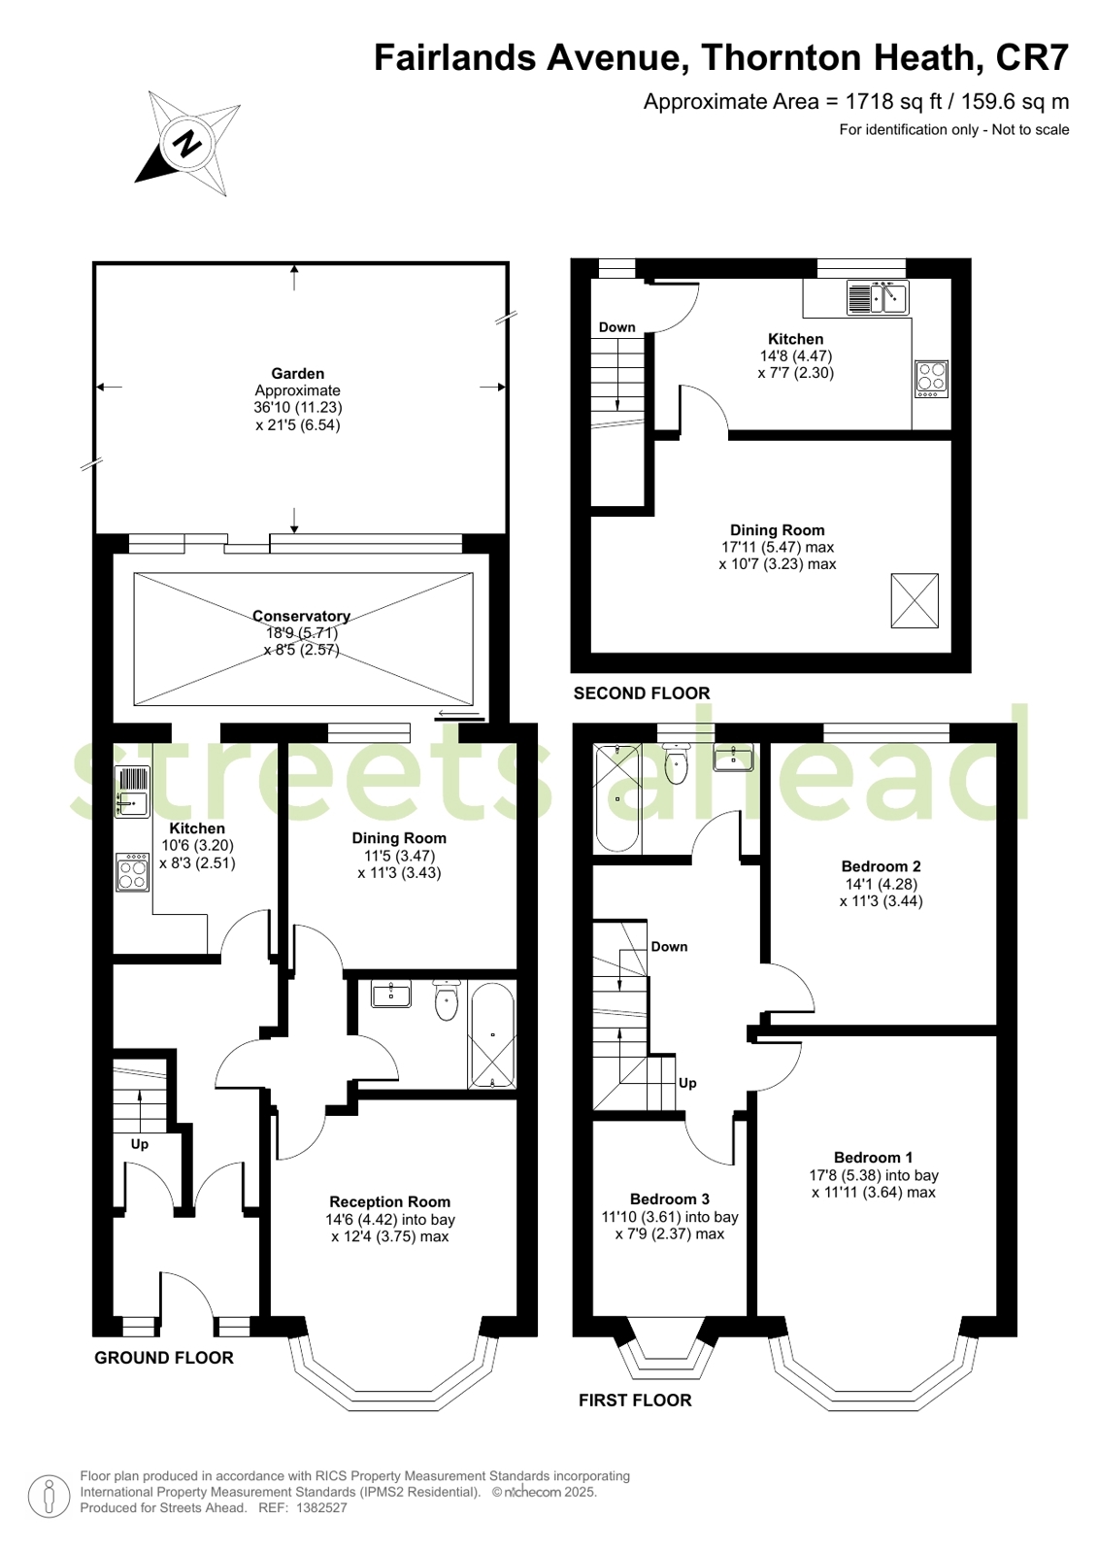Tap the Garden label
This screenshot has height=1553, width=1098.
[x=297, y=374]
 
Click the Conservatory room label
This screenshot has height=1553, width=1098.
[x=301, y=616]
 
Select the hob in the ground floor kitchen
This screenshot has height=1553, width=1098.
[x=132, y=871]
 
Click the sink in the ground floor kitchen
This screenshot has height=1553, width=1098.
[x=132, y=792]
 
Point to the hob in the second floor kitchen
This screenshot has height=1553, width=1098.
[x=931, y=379]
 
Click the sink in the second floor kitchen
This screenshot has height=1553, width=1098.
[x=878, y=297]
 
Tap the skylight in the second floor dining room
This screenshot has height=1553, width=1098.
[x=915, y=600]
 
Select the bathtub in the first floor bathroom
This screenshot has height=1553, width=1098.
[x=616, y=798]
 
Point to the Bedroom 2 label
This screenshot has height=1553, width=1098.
[x=882, y=866]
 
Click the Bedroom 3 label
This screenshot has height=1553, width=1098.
[x=670, y=1199]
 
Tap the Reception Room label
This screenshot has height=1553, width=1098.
[x=389, y=1201]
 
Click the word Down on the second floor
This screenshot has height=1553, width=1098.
[x=616, y=327]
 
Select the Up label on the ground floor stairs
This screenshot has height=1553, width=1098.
[x=140, y=1144]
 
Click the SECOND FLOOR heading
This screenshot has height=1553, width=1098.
[x=642, y=693]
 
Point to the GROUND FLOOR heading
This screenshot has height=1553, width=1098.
[x=164, y=1358]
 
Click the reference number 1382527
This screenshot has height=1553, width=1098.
[x=321, y=1507]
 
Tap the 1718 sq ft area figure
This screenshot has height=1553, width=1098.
[x=893, y=101]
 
